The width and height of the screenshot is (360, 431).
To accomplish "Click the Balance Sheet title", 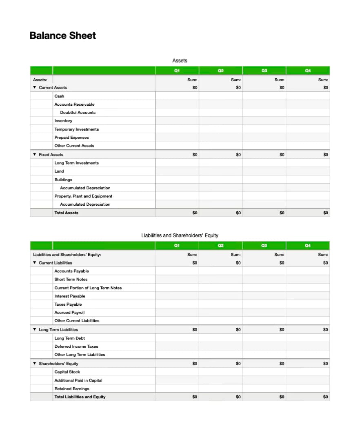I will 62,36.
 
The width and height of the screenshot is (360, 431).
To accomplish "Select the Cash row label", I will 59,96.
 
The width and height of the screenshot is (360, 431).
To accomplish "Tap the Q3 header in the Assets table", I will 264,71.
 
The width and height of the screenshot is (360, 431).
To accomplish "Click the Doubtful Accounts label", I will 78,113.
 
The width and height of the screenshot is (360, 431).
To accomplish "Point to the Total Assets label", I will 66,213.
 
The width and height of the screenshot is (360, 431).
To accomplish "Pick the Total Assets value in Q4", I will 325,213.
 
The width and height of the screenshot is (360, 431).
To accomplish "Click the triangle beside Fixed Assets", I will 34,155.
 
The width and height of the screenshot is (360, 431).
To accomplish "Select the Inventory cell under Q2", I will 220,121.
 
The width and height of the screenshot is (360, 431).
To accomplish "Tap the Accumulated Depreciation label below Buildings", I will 85,188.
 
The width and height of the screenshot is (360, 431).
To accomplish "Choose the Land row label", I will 59,171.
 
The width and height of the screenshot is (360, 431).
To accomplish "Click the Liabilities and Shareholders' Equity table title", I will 180,235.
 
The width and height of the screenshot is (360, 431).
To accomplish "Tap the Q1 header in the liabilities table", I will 177,246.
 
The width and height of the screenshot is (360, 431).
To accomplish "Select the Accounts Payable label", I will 71,271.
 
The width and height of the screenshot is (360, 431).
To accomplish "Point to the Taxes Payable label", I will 68,304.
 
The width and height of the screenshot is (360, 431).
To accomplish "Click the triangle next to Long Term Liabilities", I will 34,329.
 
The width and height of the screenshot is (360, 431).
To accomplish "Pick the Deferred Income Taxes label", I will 76,346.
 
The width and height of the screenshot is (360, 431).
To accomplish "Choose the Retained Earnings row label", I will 72,389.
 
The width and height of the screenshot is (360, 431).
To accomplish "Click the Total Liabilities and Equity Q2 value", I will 238,397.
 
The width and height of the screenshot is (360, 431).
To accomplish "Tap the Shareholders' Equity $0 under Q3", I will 282,363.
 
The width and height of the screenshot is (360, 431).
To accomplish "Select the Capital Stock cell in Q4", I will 308,372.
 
